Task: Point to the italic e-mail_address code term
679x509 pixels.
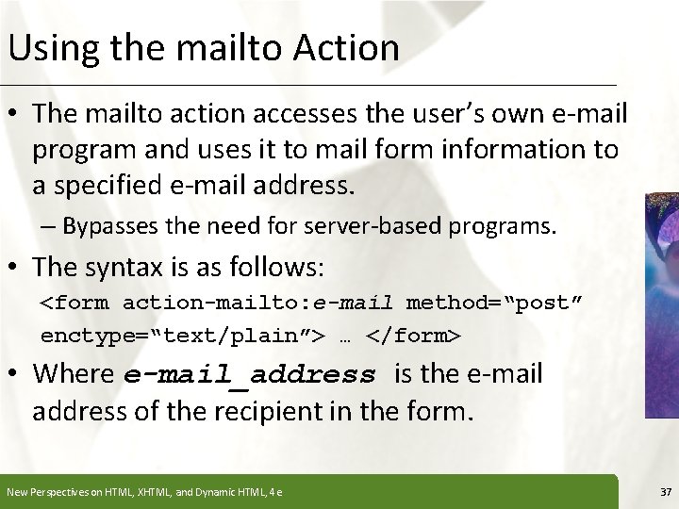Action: pyautogui.click(x=249, y=375)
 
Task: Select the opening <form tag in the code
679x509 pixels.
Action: pyautogui.click(x=75, y=304)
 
